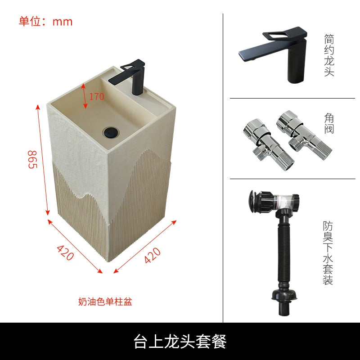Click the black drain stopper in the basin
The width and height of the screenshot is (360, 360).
click(111, 132)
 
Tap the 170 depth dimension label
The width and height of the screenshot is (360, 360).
click(96, 96)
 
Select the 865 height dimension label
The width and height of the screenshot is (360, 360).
click(32, 159)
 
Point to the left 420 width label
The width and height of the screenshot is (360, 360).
click(65, 252)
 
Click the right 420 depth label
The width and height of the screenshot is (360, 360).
click(153, 255)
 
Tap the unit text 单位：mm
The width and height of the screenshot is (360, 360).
click(45, 22)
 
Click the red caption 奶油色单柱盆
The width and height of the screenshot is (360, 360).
click(105, 301)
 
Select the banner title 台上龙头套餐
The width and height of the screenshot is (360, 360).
click(180, 342)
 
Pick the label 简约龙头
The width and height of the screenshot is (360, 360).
click(329, 55)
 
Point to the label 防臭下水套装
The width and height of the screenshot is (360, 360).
click(328, 253)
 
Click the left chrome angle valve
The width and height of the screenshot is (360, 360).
click(267, 144)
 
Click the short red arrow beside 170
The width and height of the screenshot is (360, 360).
click(84, 96)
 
